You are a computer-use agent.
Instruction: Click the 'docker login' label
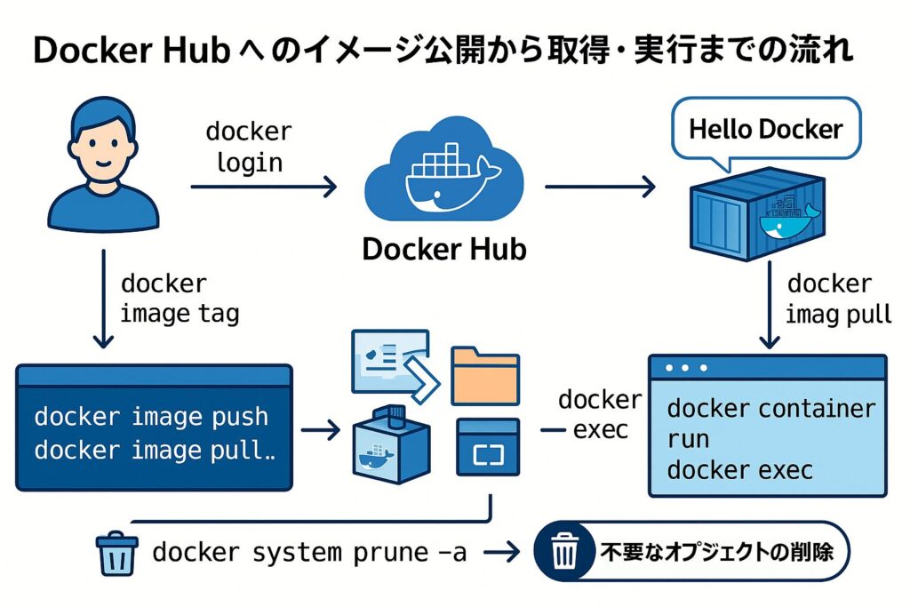(248, 147)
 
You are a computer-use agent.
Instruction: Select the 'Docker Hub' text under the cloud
(443, 248)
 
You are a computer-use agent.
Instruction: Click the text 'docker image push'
(150, 417)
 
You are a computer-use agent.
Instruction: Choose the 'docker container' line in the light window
(770, 409)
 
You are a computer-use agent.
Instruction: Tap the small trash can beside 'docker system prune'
(116, 552)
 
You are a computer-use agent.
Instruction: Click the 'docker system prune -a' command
(309, 552)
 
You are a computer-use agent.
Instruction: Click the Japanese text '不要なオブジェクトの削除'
(715, 552)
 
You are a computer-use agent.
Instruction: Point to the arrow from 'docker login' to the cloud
(264, 187)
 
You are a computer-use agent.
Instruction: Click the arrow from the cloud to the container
(599, 187)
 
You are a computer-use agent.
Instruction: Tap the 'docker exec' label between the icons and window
(599, 415)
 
